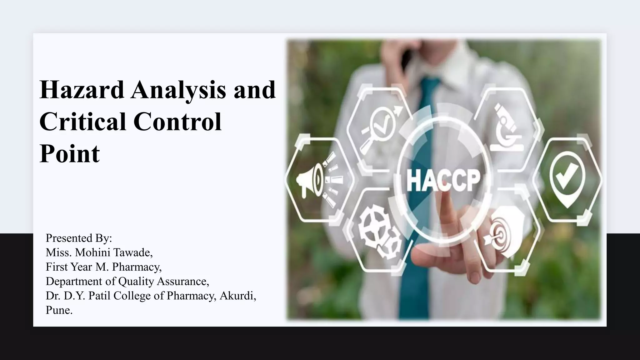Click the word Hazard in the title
click(x=82, y=90)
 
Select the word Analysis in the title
click(x=178, y=90)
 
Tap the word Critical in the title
click(x=82, y=122)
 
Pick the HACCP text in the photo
click(x=443, y=180)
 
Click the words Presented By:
click(x=79, y=238)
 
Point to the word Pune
click(x=58, y=310)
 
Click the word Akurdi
click(x=237, y=296)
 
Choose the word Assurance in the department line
click(x=183, y=281)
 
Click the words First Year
click(x=69, y=267)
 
